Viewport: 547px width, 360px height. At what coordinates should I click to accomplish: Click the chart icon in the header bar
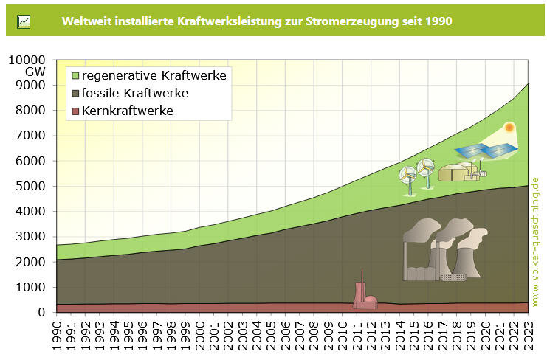[x=24, y=21]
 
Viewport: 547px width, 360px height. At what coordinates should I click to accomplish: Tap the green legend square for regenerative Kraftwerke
[x=75, y=75]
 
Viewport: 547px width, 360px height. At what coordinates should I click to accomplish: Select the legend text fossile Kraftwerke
[x=135, y=94]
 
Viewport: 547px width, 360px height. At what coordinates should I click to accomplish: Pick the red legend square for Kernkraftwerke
[x=75, y=111]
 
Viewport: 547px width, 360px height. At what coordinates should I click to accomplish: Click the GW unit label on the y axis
[x=35, y=72]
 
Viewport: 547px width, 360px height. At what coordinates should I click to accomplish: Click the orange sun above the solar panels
[x=509, y=128]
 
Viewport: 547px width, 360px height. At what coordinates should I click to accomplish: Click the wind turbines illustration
[x=416, y=177]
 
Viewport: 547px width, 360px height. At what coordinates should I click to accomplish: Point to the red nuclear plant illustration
[x=364, y=294]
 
